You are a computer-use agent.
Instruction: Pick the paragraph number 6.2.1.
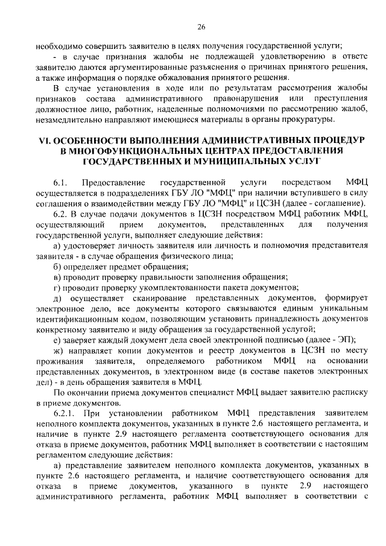pyautogui.click(x=63, y=413)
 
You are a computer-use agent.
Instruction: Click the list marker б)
pyautogui.click(x=58, y=266)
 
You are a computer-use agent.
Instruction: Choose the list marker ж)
pyautogui.click(x=59, y=350)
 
